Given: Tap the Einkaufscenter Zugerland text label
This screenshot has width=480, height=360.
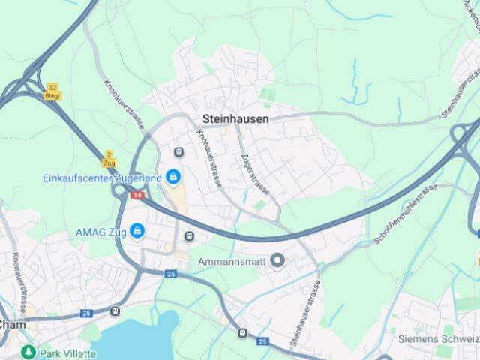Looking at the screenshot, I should coord(101,178).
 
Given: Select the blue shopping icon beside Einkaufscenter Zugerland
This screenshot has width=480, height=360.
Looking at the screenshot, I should coord(174,177).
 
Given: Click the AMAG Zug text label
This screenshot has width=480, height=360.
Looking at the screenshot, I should coord(100,231).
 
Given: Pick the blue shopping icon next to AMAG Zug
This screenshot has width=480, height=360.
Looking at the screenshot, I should coord(137,231).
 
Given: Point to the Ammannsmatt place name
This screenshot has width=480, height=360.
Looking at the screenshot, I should coord(232,261).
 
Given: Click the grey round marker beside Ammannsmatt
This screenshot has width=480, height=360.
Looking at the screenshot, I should coord(277,261).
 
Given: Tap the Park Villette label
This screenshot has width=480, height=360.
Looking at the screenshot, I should coord(67,353).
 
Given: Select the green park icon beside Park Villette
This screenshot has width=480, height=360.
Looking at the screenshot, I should coord(28,352).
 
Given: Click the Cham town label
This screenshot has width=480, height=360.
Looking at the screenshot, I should coord(12,325).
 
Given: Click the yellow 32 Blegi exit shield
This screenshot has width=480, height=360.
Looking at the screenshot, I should coord(52,91).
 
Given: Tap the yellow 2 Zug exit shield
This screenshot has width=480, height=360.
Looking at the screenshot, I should coord(109,158).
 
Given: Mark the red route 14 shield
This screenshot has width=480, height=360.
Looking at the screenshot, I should coord(137,195).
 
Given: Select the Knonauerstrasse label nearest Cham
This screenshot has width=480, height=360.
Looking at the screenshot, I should coord(17,273).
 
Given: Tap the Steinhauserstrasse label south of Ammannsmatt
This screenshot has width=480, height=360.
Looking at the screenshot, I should coord(306,313).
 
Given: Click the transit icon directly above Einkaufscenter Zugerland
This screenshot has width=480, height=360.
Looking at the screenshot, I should coord(178,153).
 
